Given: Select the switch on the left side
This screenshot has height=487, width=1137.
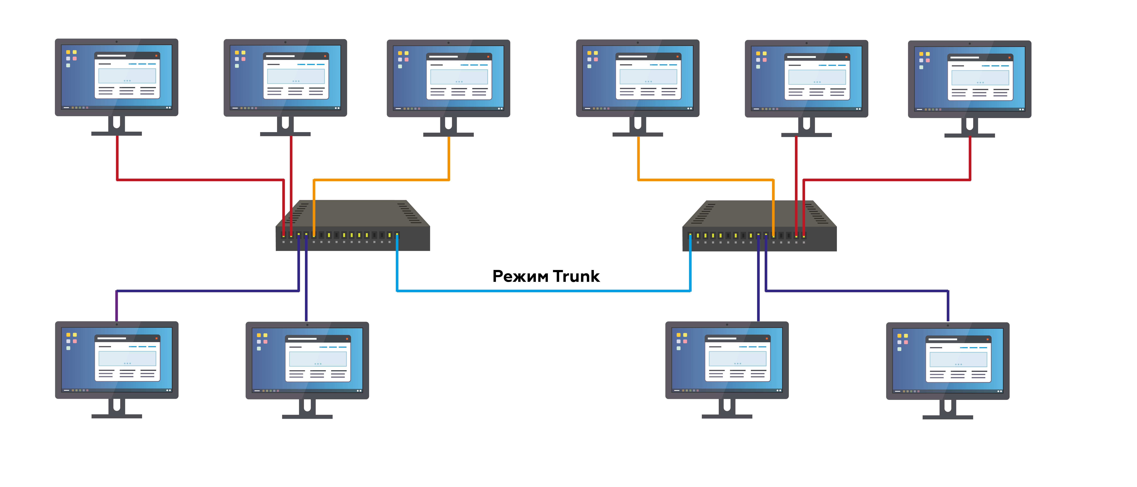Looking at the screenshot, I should click(x=353, y=225).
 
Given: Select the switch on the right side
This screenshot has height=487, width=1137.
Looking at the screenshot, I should click(x=759, y=226).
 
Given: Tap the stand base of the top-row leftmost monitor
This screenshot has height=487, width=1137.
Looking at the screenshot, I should click(x=116, y=133).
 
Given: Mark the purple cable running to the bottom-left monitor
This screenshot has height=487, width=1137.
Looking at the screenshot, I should click(x=208, y=291).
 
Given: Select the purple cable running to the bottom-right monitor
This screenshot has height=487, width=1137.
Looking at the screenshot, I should click(x=856, y=291).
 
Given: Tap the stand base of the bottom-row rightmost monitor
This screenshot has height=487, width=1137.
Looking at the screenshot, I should click(x=948, y=417).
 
